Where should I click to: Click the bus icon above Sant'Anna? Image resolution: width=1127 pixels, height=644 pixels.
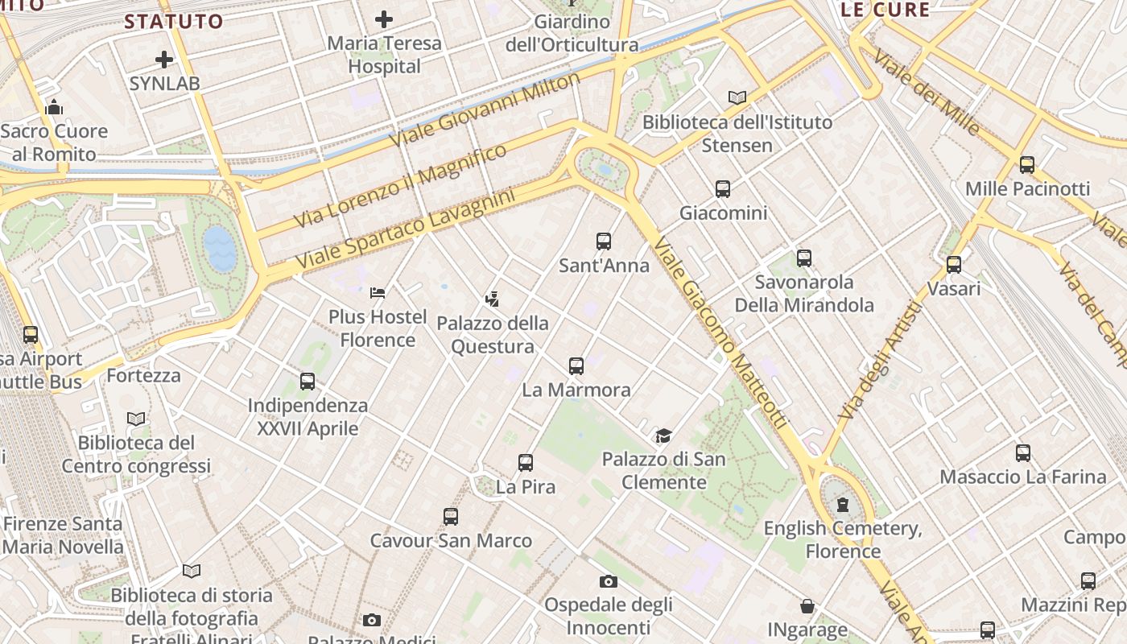click(x=604, y=241)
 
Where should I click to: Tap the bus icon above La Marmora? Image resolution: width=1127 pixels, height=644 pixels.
click(x=576, y=366)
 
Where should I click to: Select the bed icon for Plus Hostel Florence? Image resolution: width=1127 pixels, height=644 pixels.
click(x=378, y=293)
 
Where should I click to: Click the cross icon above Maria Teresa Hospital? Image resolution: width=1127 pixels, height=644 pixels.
click(x=384, y=19)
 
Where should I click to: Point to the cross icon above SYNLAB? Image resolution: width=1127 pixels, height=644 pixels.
click(x=164, y=60)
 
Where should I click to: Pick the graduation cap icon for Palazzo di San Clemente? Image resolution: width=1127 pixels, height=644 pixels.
click(x=663, y=436)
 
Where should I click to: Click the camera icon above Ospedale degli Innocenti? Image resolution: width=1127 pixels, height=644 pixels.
click(x=609, y=581)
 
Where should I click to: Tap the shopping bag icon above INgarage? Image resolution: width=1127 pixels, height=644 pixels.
click(x=807, y=606)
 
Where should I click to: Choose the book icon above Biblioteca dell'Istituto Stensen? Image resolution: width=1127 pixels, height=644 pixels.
click(x=737, y=97)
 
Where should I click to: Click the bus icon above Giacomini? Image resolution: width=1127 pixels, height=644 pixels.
click(x=723, y=189)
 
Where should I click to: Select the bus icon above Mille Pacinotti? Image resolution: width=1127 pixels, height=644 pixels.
click(x=1027, y=165)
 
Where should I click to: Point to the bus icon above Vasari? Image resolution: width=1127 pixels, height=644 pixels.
click(x=954, y=264)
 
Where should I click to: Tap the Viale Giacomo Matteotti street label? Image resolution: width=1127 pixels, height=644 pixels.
click(x=720, y=332)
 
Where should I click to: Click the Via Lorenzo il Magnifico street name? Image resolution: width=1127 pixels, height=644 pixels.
click(x=400, y=186)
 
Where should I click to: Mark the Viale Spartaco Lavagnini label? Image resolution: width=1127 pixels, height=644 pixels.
click(x=405, y=229)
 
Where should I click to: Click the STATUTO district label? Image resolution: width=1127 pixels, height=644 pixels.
click(x=173, y=22)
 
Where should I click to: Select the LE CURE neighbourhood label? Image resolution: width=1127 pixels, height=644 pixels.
click(x=885, y=10)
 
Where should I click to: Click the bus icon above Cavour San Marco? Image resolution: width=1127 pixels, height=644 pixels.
click(x=451, y=517)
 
